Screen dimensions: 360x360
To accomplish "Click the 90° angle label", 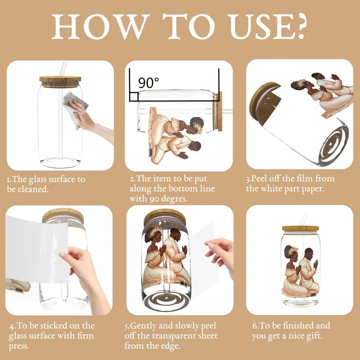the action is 148,83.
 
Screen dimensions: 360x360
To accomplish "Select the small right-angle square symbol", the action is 134,97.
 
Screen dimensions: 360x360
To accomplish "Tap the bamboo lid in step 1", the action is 60,82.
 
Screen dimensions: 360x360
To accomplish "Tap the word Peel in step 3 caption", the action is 259,178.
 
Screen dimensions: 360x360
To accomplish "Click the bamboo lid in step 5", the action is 165,217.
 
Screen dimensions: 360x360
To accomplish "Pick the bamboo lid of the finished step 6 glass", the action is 301,229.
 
